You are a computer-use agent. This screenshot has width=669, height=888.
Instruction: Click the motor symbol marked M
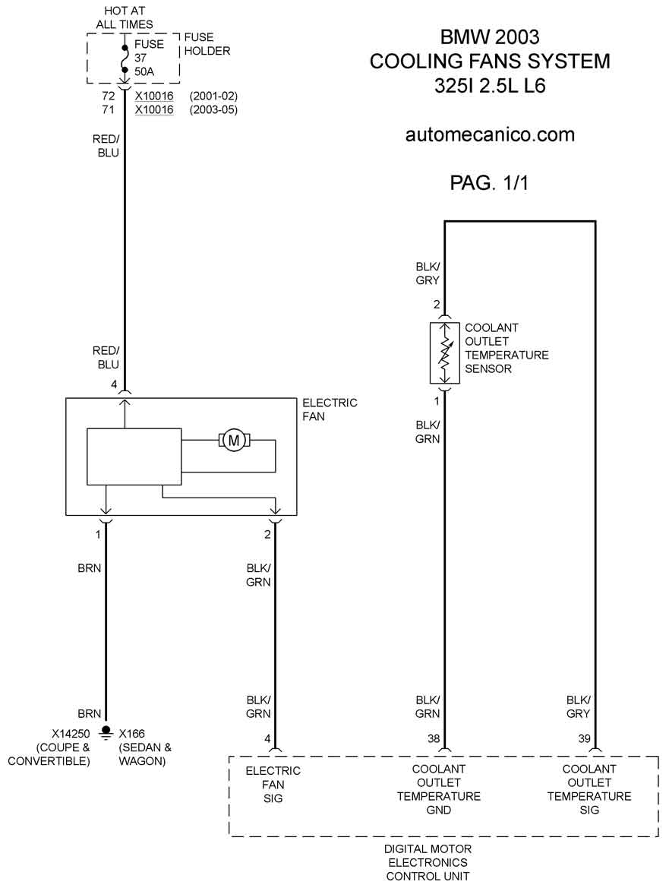233,440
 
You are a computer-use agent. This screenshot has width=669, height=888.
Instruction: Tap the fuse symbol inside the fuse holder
125,57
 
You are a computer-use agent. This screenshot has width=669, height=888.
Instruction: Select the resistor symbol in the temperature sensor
446,352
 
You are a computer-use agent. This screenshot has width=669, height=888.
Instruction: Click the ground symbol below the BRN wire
105,732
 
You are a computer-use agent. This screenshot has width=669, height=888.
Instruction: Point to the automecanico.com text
490,134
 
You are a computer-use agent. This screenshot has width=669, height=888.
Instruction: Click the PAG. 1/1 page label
489,182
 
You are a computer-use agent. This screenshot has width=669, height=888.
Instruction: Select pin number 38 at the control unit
434,738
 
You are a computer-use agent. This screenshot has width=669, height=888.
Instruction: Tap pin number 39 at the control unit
584,738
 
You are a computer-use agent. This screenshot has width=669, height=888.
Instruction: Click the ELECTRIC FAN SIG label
273,785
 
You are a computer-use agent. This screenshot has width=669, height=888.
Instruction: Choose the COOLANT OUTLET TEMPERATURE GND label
439,789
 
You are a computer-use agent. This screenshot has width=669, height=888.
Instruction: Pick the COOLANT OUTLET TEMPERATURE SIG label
589,789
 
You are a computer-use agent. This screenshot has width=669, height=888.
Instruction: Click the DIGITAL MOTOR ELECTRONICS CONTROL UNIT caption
428,862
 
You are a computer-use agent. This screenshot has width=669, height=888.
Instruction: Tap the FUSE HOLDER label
207,43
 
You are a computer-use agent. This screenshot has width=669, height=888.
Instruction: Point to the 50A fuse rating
144,71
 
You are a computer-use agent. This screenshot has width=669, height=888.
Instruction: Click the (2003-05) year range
213,109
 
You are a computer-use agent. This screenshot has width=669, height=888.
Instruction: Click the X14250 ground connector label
71,733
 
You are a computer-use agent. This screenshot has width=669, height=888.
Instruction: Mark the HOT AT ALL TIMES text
125,17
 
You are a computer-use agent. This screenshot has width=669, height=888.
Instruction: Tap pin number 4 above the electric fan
114,384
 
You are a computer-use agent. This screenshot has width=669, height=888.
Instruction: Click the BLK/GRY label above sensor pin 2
428,273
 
